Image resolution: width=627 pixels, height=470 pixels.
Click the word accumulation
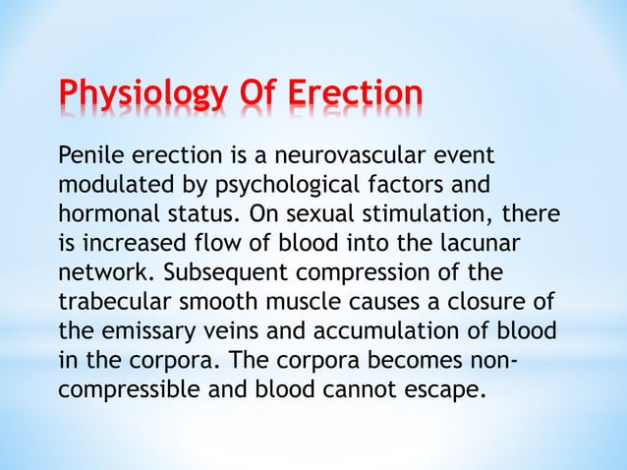(x=378, y=327)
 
